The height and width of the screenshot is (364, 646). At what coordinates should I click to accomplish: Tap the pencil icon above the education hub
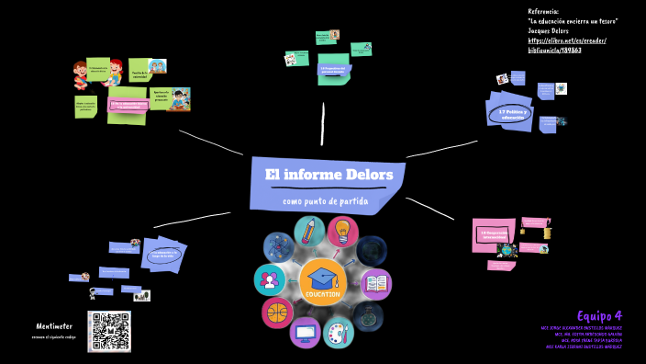309,233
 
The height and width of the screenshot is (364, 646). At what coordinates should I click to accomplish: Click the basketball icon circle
277,313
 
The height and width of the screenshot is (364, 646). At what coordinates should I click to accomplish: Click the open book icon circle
376,284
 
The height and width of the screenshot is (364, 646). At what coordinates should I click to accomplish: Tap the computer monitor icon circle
307,332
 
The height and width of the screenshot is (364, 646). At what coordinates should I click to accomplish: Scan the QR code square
108,331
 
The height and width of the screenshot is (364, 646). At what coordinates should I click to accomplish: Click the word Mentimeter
54,325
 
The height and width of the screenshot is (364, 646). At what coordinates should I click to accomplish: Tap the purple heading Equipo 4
599,314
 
